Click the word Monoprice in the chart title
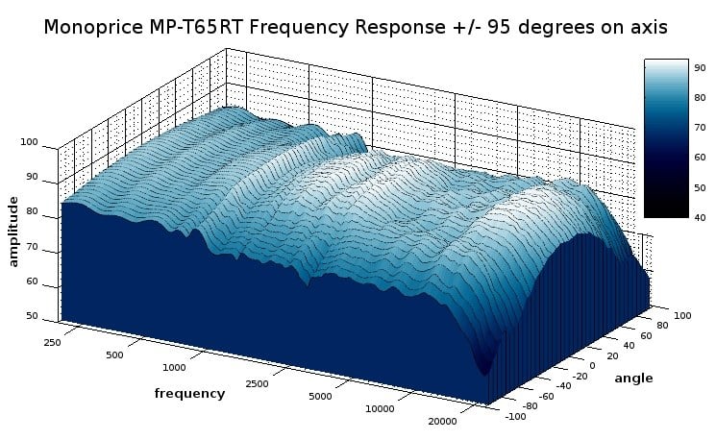(x=93, y=28)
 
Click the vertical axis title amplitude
(x=13, y=232)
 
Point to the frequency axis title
(x=189, y=394)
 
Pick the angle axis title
(x=633, y=379)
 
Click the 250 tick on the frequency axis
(x=52, y=342)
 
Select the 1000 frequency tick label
(x=174, y=367)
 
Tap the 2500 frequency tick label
(x=257, y=384)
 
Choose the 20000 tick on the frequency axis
(x=442, y=422)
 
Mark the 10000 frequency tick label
(x=380, y=409)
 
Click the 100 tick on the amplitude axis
(x=29, y=142)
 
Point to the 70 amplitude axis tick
(x=32, y=248)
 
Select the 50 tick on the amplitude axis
(x=32, y=316)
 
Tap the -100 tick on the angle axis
(x=515, y=416)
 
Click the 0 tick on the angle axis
(x=592, y=366)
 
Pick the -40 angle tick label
(x=563, y=385)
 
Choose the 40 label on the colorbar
(x=700, y=218)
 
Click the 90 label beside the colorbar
(x=700, y=68)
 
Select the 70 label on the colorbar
(x=700, y=128)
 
